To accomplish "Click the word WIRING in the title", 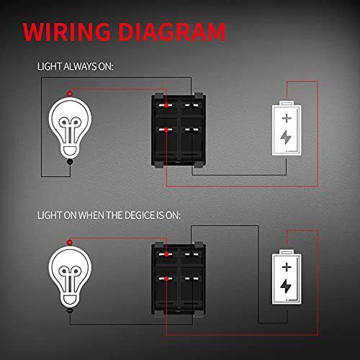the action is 67,32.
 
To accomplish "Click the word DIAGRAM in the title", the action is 172,32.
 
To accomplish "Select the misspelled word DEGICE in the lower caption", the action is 140,215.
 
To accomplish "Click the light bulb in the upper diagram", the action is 70,127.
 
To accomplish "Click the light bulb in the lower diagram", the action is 70,276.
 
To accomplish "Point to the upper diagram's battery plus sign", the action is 287,118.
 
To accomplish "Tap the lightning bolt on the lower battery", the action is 286,286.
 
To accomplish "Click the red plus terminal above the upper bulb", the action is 70,94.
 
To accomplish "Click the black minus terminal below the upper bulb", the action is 70,162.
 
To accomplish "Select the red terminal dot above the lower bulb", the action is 70,243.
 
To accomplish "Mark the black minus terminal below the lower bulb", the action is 70,310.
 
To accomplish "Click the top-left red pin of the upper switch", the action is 166,105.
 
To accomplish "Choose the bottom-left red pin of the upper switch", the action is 166,130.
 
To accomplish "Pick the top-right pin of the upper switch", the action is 192,105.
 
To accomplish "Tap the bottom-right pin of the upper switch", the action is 192,130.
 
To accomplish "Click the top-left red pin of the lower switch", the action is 166,254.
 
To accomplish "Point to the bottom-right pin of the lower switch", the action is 192,279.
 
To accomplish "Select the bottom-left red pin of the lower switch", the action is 166,279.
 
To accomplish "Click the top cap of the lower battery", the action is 287,252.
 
